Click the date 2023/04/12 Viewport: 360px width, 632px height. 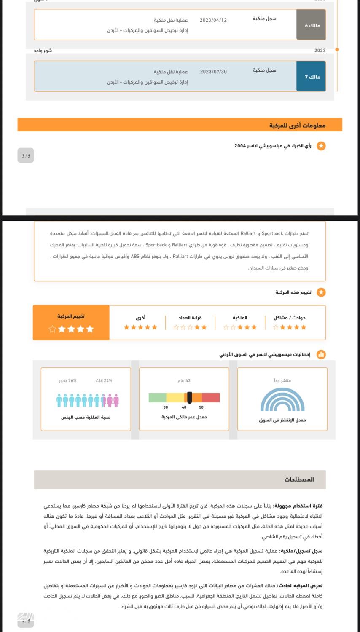(x=213, y=20)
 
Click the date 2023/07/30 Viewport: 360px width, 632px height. (x=213, y=72)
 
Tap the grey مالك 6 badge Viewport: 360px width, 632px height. (x=312, y=25)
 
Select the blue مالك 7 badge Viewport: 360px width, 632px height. (x=312, y=77)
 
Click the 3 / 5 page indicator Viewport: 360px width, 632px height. (x=26, y=156)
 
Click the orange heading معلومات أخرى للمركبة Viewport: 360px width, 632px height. (x=297, y=125)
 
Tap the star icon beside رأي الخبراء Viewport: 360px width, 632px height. (x=321, y=146)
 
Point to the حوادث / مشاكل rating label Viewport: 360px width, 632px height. (x=290, y=318)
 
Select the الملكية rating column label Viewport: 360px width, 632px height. (x=240, y=318)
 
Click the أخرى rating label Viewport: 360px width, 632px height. (x=140, y=318)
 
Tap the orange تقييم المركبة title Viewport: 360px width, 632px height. (x=71, y=316)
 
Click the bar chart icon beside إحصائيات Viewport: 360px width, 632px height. (x=321, y=354)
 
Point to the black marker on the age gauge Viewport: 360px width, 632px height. (x=190, y=398)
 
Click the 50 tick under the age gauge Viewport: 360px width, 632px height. (x=201, y=407)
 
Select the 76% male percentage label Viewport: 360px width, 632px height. (x=68, y=380)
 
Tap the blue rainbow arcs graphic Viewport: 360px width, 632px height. (x=282, y=400)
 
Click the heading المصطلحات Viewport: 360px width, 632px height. (x=299, y=479)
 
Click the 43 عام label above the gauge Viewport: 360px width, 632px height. (x=184, y=380)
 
